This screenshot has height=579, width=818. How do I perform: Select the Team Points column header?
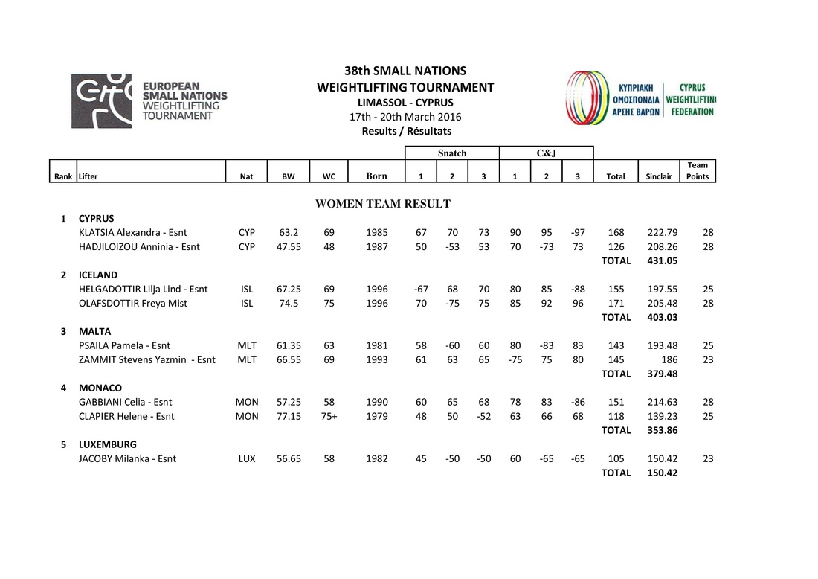coord(698,170)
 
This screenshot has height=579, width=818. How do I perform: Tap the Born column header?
coord(376,176)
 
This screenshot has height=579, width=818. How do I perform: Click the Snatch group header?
coord(452,153)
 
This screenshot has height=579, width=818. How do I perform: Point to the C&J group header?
coord(546,153)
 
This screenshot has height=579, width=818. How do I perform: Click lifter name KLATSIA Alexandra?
coord(133,232)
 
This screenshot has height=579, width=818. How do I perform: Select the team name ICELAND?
coord(98,275)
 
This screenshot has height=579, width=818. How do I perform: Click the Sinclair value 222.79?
coord(663,232)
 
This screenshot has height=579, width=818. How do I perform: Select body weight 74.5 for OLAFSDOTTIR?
coord(288,303)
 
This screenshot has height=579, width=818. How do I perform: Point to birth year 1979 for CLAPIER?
coord(377,416)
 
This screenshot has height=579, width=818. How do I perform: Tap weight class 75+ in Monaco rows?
coord(329,416)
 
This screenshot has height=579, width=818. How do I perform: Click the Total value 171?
coord(616,303)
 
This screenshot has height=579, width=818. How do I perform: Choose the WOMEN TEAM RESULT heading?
coord(383,204)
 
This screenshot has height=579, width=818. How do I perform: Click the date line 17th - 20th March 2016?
coord(405,117)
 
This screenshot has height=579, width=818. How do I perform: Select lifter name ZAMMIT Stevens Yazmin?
coord(147,359)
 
